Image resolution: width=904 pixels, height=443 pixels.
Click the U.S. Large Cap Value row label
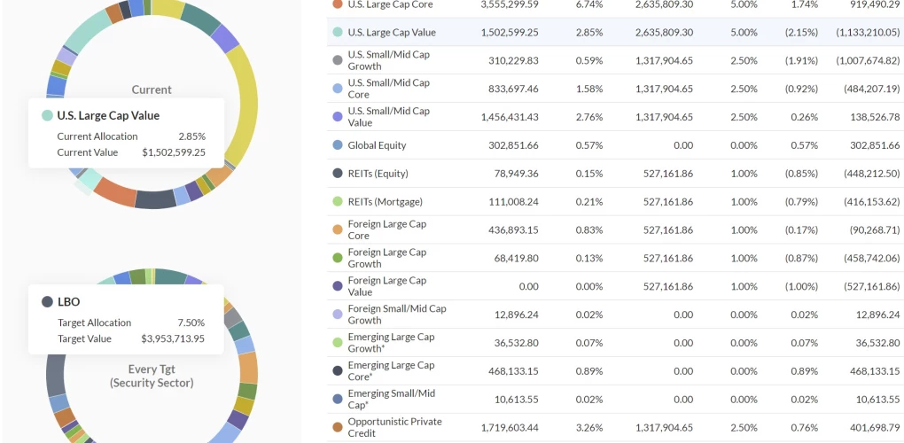tap(391, 33)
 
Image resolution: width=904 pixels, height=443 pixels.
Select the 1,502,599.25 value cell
tap(509, 33)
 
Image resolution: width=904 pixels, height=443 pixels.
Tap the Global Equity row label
tap(377, 145)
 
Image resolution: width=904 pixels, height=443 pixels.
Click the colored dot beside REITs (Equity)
tap(337, 174)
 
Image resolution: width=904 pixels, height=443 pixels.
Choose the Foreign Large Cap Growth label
tap(386, 258)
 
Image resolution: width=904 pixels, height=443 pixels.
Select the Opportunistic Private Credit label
tap(394, 427)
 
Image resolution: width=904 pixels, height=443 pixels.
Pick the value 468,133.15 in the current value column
tap(509, 371)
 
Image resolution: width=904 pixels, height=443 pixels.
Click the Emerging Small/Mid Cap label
tap(391, 399)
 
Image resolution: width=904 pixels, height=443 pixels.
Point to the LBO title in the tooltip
tap(68, 301)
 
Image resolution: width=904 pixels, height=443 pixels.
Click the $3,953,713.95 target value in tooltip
tap(173, 338)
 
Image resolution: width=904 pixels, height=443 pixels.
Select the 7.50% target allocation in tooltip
tap(190, 323)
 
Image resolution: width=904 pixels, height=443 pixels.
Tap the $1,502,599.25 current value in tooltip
tap(173, 152)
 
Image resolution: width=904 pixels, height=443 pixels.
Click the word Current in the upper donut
tap(152, 89)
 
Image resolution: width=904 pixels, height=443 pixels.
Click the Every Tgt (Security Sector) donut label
tap(152, 376)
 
